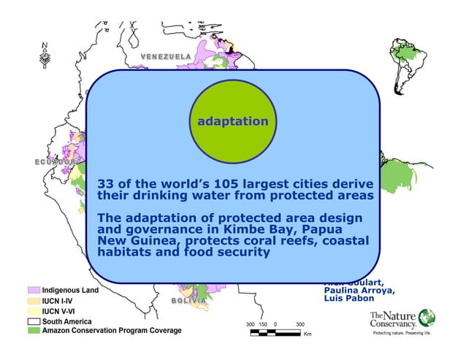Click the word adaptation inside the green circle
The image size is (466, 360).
coord(232,120)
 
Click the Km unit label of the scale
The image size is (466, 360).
coord(307,334)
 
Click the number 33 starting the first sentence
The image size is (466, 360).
coord(106,183)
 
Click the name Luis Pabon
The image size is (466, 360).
coord(349,299)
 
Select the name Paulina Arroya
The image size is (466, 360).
coord(359,290)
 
